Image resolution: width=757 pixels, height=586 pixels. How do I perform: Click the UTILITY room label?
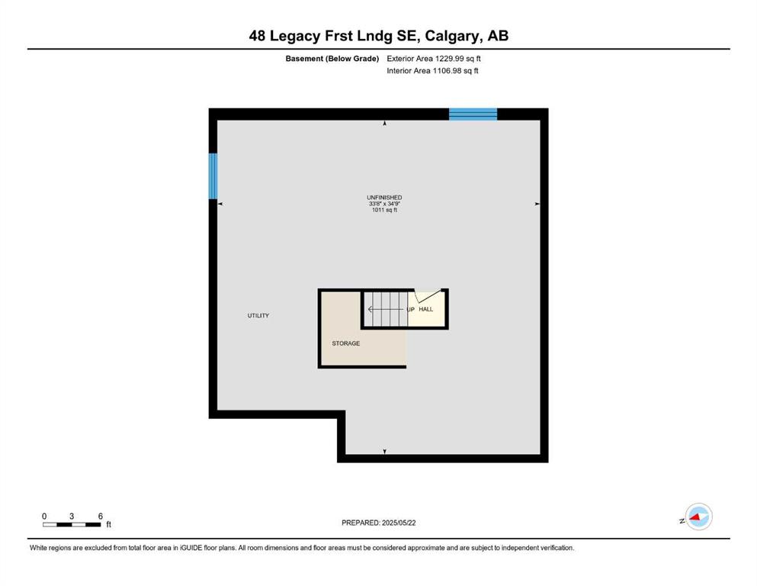point(258,315)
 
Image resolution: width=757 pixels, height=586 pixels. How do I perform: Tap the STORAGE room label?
point(345,343)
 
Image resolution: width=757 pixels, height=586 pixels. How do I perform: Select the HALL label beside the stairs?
point(426,309)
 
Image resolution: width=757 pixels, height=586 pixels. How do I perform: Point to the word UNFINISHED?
point(384,197)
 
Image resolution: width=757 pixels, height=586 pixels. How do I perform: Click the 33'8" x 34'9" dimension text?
point(384,204)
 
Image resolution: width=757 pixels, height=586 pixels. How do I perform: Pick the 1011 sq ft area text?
point(384,210)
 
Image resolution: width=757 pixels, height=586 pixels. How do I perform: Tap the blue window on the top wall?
point(473,114)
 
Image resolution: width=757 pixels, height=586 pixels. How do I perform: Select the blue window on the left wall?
point(213,175)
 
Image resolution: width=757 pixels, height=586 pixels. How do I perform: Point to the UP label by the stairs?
point(410,310)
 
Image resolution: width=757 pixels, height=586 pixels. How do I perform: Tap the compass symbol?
point(698,517)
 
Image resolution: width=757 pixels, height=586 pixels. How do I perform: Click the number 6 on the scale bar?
point(101,516)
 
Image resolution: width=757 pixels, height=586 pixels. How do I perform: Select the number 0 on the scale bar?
point(44,516)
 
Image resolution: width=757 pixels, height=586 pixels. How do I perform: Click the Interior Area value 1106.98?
point(447,70)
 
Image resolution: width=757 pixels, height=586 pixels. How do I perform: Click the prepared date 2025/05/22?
point(399,523)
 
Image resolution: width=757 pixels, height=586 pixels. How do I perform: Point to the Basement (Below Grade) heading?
point(332,59)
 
